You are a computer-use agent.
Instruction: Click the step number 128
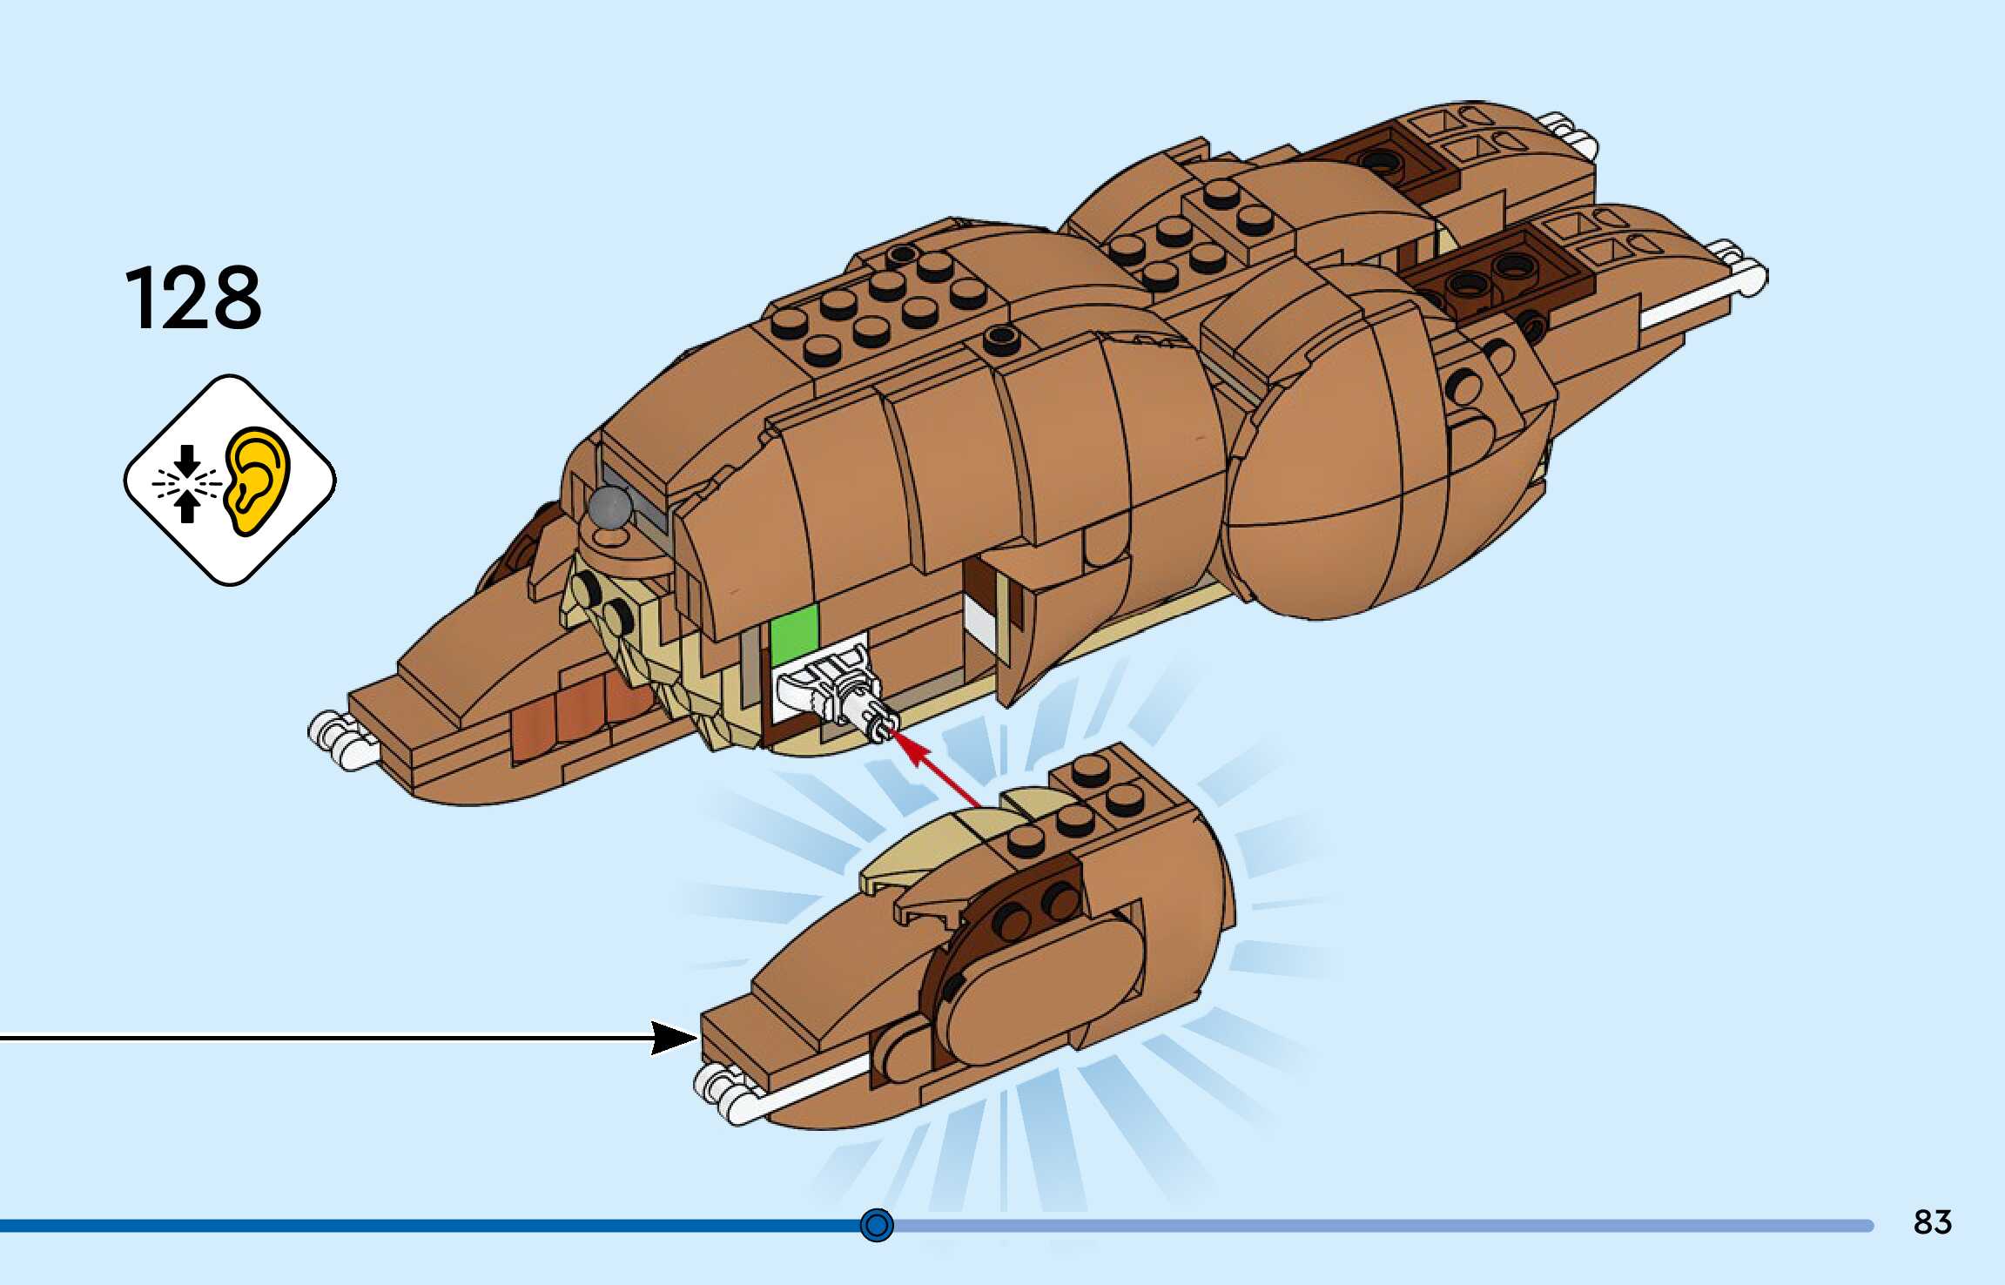[x=193, y=299]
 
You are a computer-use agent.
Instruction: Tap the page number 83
[x=1932, y=1222]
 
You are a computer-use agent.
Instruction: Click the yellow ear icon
[x=256, y=480]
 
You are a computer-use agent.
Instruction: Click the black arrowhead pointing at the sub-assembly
[x=675, y=1038]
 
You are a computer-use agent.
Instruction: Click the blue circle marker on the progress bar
[x=876, y=1225]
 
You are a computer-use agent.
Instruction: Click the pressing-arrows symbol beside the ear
[x=186, y=483]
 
